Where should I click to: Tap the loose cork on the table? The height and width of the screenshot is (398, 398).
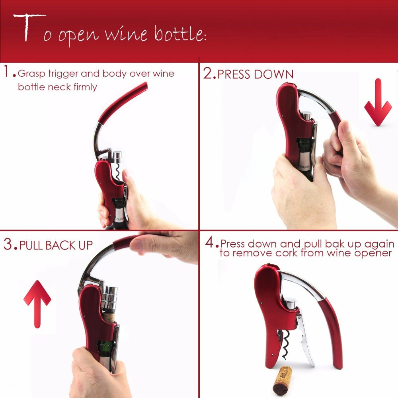tap(282, 380)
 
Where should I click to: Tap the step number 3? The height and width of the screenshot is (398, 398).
tap(8, 244)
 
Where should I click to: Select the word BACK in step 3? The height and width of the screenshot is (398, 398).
tap(62, 245)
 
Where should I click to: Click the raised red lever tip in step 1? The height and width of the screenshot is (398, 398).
tap(141, 87)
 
